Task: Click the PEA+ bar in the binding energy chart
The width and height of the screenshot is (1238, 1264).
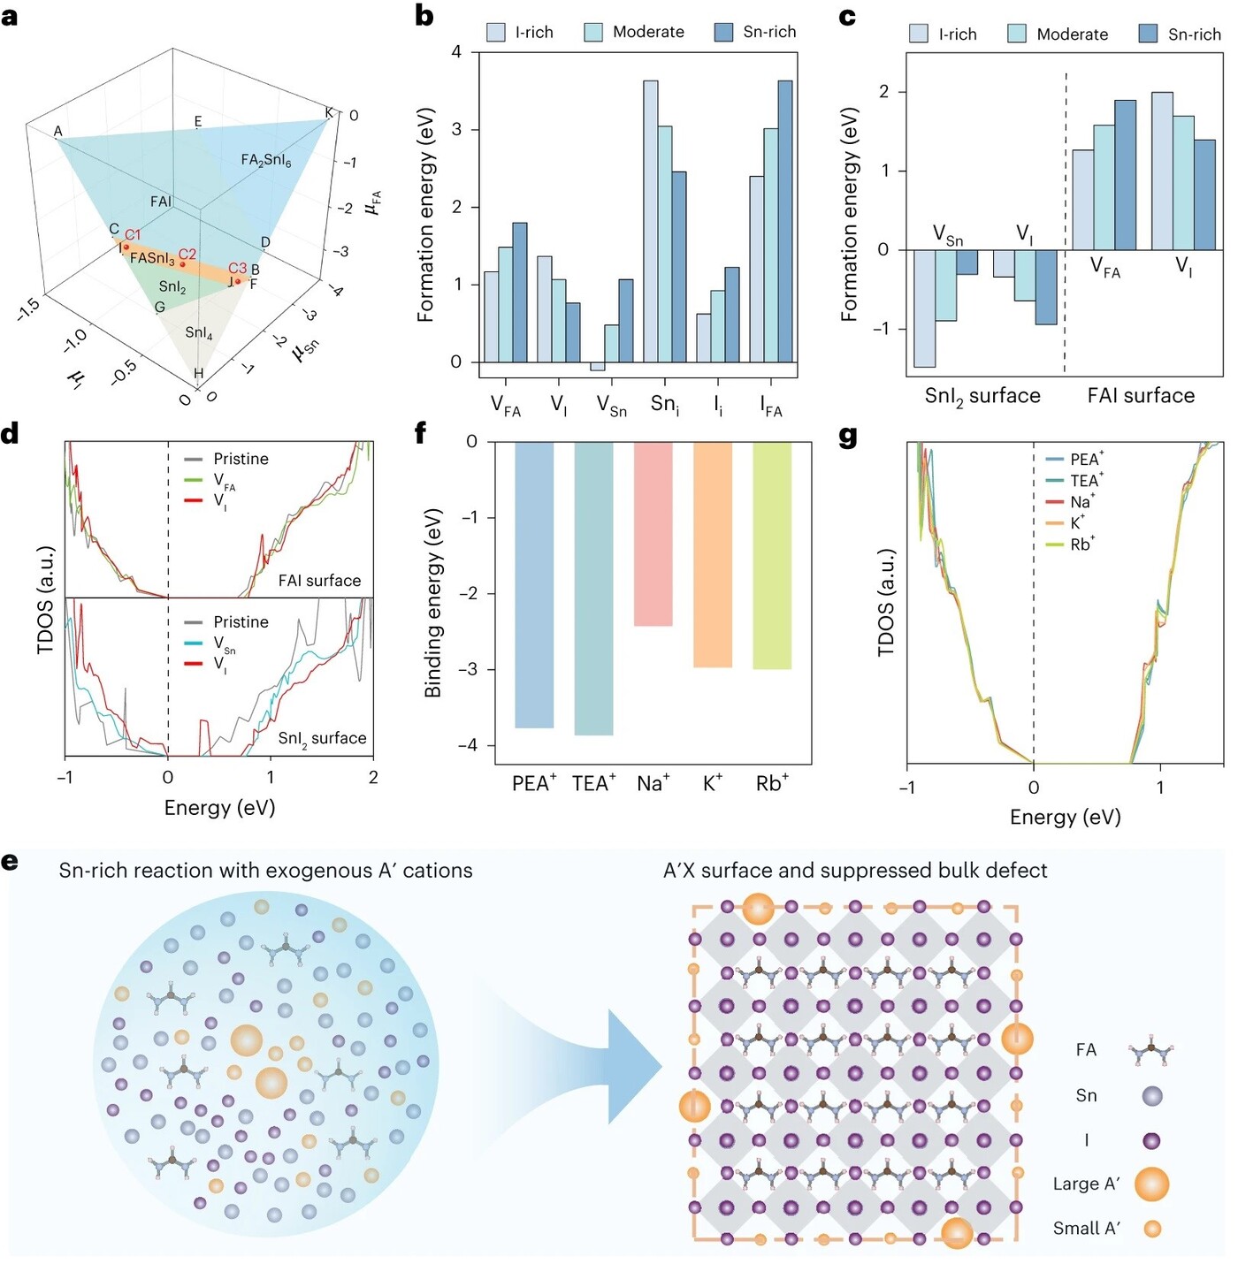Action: [x=534, y=583]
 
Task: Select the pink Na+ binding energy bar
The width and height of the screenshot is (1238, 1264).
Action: [x=653, y=533]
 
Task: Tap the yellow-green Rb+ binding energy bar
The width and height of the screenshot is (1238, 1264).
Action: [x=772, y=555]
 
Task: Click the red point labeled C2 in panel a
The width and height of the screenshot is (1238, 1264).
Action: [x=182, y=263]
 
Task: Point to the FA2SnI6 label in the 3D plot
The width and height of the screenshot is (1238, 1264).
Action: [x=265, y=160]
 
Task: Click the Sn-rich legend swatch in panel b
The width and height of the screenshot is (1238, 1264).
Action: [x=723, y=33]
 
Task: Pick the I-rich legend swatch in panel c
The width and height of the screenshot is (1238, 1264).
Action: [x=919, y=34]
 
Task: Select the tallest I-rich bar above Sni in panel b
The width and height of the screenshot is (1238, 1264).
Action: [x=651, y=221]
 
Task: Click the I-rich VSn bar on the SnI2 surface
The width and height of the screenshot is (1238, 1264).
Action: [x=925, y=308]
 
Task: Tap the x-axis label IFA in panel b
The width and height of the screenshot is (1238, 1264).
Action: [x=771, y=407]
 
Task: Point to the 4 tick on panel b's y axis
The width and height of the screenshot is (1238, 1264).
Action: [x=456, y=52]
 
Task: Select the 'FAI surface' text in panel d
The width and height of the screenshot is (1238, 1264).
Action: [x=319, y=581]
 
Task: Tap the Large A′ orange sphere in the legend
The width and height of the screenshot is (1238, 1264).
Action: [x=1151, y=1184]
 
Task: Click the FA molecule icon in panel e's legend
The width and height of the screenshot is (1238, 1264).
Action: [x=1151, y=1052]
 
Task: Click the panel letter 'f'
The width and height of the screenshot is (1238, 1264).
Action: [x=421, y=433]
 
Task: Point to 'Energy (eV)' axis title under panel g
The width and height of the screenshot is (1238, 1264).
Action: [x=1065, y=817]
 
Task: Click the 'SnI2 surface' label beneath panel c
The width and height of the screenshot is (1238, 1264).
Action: [x=982, y=396]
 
